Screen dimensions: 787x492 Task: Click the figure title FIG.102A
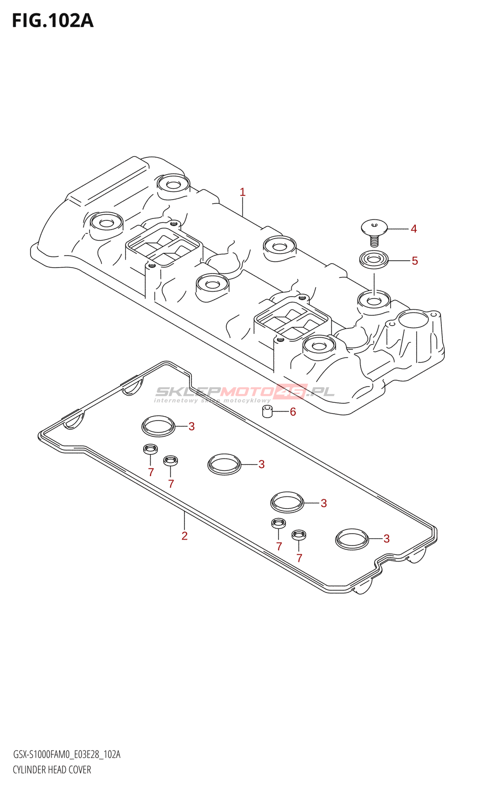click(x=52, y=21)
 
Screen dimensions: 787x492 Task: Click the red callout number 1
click(x=243, y=192)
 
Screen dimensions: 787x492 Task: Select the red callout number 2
click(x=184, y=536)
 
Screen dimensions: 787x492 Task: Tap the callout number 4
click(x=414, y=229)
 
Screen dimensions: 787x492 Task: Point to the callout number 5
click(x=415, y=261)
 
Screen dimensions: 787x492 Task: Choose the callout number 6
click(x=293, y=412)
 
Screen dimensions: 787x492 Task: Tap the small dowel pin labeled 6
click(x=268, y=411)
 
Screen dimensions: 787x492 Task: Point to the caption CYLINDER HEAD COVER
click(x=52, y=770)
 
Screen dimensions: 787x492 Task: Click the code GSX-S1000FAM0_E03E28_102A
click(x=66, y=755)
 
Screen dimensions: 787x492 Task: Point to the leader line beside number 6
click(x=280, y=412)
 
